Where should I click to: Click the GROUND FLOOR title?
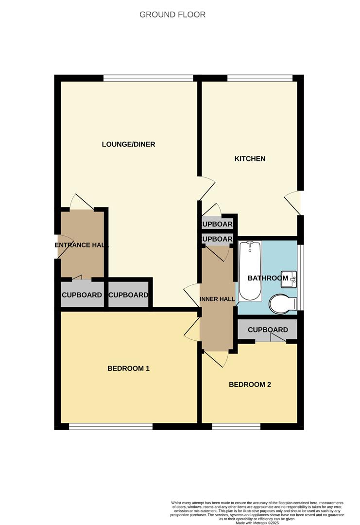[172, 15]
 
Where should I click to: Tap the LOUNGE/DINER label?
[128, 144]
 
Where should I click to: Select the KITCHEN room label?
[250, 158]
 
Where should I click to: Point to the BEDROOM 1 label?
[128, 368]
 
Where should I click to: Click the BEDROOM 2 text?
[250, 385]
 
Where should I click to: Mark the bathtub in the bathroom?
[250, 270]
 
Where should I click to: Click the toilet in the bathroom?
[283, 304]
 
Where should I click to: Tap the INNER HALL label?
[217, 299]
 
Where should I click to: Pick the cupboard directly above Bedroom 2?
[268, 330]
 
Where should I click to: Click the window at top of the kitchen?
[259, 78]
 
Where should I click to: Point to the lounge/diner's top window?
[148, 78]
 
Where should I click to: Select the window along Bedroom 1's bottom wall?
[111, 427]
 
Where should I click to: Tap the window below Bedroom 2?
[236, 427]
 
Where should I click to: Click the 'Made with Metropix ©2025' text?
[257, 523]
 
